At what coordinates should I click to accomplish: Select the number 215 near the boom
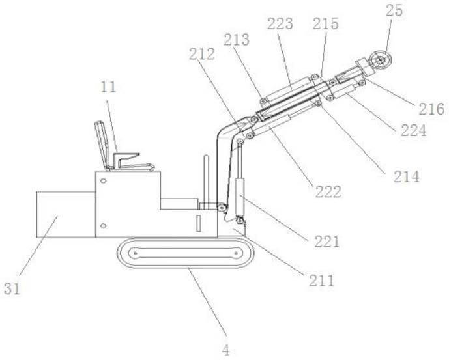325,25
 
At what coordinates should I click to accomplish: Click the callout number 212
203,55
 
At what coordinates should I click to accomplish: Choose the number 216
431,109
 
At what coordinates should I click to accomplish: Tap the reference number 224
413,131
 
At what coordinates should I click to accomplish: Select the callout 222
328,192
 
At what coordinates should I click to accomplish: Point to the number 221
326,242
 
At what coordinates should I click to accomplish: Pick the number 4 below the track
225,350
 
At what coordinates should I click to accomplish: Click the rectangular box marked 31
65,214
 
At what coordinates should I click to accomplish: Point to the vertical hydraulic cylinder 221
240,195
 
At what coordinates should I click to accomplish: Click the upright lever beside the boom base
206,179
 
